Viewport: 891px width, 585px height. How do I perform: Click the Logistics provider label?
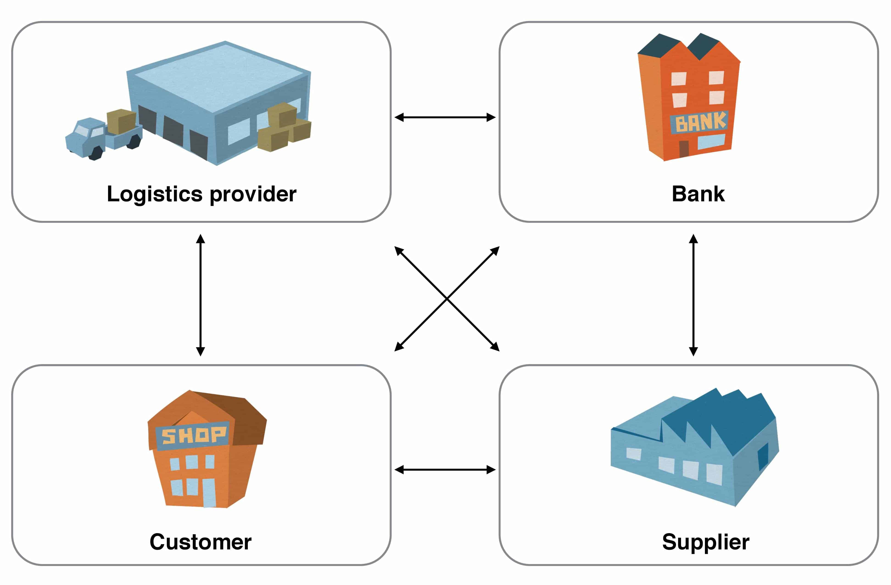[x=201, y=194]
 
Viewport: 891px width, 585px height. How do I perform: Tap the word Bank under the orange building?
[x=698, y=194]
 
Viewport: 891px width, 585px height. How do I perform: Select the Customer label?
[x=201, y=542]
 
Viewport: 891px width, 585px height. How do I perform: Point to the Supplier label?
[x=706, y=542]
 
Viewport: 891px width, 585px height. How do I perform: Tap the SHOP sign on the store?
[x=193, y=436]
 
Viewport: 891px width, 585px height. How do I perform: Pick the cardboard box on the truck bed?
[x=121, y=121]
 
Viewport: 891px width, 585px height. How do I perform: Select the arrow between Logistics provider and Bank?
[x=445, y=118]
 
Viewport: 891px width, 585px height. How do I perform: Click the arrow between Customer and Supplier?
[x=445, y=470]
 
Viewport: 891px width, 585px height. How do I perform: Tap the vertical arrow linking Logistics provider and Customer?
[x=201, y=295]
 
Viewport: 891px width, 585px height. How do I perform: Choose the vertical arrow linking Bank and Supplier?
[x=693, y=295]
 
